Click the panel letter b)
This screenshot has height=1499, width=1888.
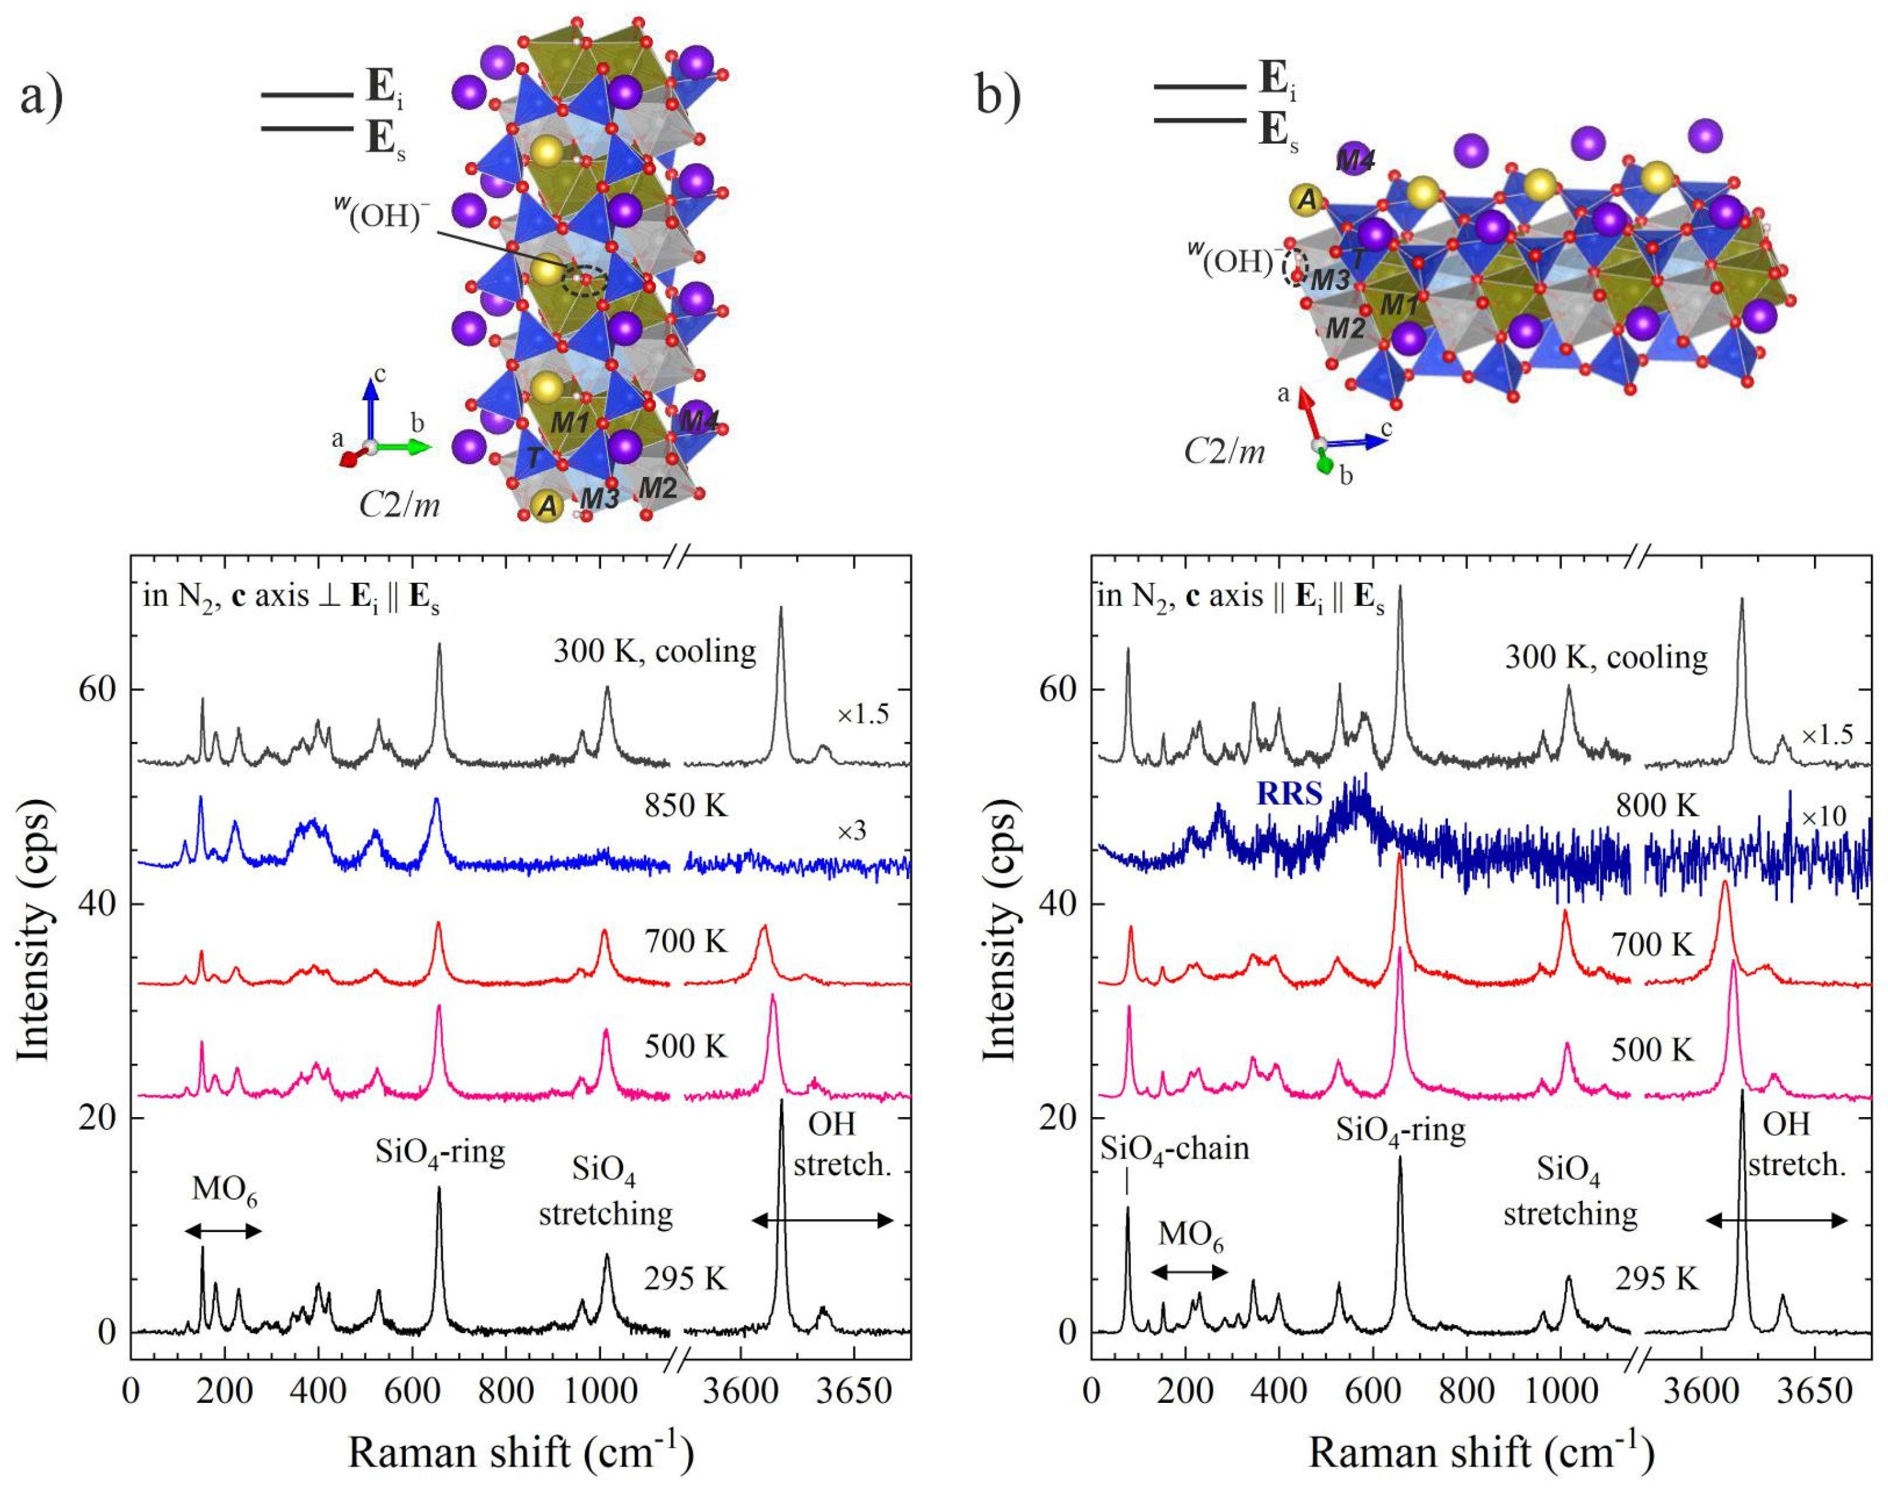tap(998, 96)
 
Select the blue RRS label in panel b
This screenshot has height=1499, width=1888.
tap(1289, 793)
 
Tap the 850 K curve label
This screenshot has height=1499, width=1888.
tap(686, 805)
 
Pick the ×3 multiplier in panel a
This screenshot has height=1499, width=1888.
tap(851, 830)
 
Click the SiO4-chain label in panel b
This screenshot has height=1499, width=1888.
tap(1174, 1148)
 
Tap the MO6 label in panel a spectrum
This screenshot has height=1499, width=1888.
tap(224, 1191)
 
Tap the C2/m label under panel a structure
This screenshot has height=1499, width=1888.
tap(399, 504)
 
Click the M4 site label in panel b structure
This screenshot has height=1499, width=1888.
tap(1355, 160)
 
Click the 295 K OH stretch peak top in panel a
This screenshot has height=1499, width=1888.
tap(781, 1102)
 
